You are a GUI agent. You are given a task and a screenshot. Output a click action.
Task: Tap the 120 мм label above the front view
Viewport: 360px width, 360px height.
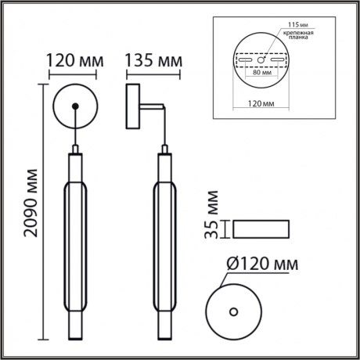(75, 60)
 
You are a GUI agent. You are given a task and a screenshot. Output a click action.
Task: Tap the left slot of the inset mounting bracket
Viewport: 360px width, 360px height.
(247, 60)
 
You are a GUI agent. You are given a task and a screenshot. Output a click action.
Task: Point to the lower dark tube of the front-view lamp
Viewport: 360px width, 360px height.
(75, 313)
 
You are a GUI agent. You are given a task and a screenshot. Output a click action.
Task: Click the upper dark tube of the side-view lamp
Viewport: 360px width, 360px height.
(165, 167)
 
